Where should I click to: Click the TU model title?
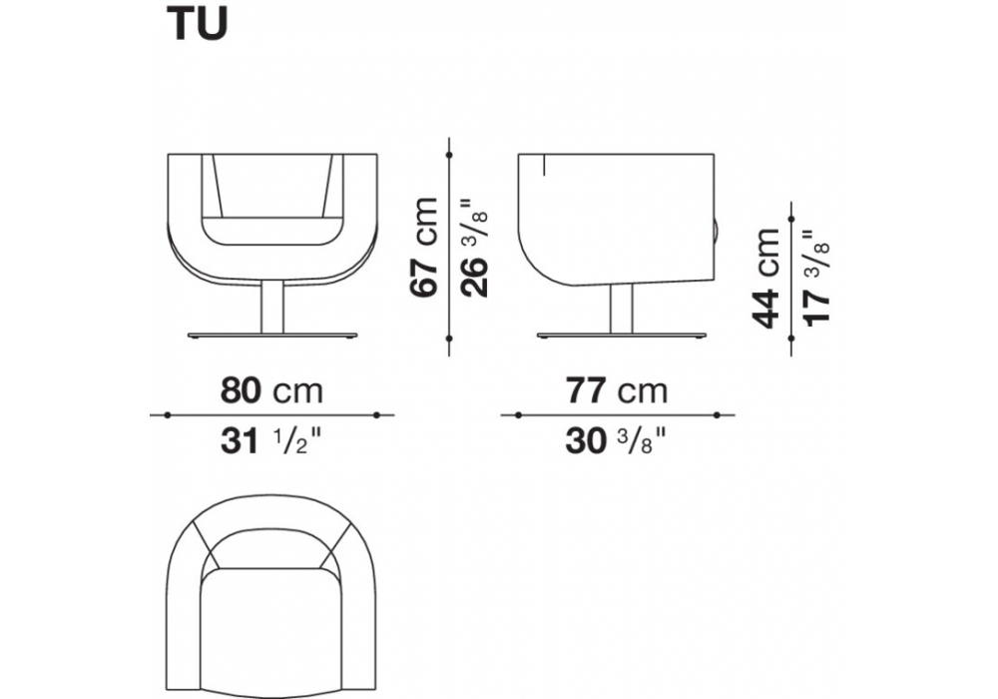pyautogui.click(x=197, y=25)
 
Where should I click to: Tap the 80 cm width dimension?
pyautogui.click(x=271, y=390)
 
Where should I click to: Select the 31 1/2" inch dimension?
pyautogui.click(x=271, y=440)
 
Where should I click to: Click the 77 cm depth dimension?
pyautogui.click(x=617, y=390)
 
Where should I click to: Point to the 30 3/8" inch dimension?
pyautogui.click(x=616, y=440)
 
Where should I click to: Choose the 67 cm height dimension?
pyautogui.click(x=424, y=247)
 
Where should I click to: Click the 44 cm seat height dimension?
pyautogui.click(x=765, y=279)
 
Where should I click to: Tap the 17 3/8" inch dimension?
pyautogui.click(x=816, y=279)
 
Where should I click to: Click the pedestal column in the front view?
pyautogui.click(x=272, y=308)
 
